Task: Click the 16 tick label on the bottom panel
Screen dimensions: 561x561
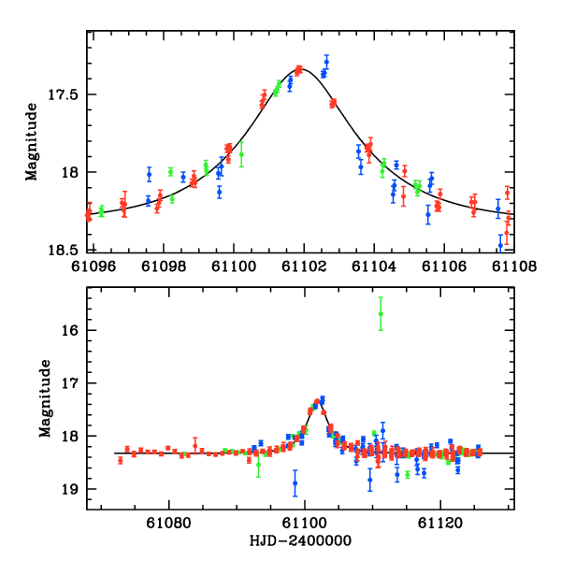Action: [x=72, y=331]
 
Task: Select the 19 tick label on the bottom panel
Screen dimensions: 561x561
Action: [x=72, y=489]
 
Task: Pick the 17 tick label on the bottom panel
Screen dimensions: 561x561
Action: [x=72, y=383]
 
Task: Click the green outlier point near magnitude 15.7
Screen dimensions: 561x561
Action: [x=381, y=313]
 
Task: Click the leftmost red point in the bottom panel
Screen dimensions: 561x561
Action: [x=120, y=460]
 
